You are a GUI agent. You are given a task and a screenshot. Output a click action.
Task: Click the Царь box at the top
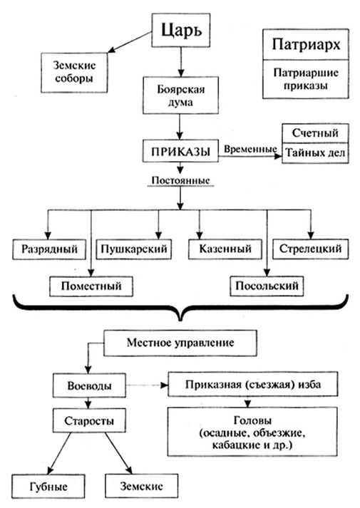[181, 30]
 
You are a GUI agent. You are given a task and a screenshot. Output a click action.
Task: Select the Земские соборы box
[74, 73]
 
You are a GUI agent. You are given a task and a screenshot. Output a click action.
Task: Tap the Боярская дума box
[180, 95]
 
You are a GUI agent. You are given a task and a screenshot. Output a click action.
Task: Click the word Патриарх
[306, 44]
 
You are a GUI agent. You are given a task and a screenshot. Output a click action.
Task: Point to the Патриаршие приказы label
[306, 79]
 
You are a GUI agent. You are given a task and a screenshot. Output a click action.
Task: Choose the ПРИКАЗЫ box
[180, 151]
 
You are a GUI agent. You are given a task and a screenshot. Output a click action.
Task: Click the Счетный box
[315, 133]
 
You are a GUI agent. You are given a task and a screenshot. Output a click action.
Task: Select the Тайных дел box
[315, 153]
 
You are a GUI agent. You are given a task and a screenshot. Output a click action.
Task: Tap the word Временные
[250, 149]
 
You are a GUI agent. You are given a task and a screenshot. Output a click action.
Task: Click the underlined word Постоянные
[180, 180]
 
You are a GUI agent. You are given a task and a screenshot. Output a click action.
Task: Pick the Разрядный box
[49, 249]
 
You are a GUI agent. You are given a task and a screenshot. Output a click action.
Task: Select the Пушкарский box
[134, 249]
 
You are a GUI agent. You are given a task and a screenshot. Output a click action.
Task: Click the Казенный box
[225, 249]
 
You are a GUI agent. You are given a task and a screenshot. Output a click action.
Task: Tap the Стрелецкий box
[310, 249]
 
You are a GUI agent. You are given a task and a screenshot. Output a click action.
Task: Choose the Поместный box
[91, 286]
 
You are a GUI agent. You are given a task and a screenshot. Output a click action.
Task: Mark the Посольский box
[267, 286]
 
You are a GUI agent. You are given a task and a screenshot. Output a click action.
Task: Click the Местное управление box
[180, 343]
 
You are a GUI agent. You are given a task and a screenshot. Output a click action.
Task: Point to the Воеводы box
[89, 385]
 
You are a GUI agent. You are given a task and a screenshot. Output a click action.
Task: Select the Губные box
[48, 487]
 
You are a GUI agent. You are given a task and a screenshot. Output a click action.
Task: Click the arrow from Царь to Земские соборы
[130, 42]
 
